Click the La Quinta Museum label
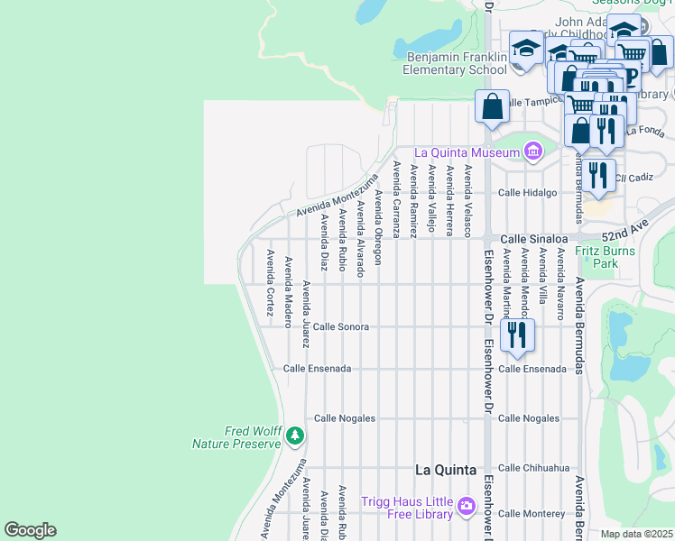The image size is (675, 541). [467, 152]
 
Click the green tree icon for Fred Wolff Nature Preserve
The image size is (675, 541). [294, 436]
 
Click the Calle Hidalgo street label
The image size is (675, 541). [528, 192]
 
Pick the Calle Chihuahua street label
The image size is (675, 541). [534, 468]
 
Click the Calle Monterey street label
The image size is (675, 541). [532, 513]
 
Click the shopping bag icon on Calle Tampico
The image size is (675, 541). [493, 106]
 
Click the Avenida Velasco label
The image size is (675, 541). [467, 197]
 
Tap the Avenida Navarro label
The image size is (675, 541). [560, 284]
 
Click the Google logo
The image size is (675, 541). [30, 530]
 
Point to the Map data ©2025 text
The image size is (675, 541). [637, 534]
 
